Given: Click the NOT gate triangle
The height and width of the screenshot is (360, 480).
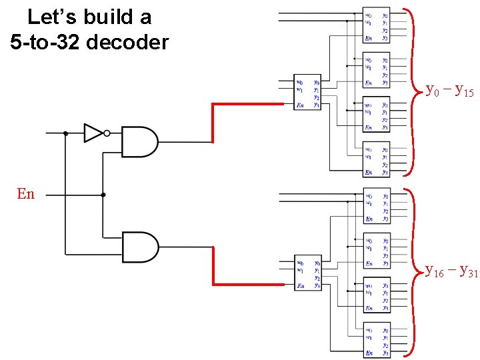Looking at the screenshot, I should point(93,133).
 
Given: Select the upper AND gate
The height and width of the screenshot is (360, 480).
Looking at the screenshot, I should point(140,141).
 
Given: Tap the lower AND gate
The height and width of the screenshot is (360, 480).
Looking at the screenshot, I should point(140,247).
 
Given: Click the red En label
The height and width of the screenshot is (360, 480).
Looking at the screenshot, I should point(25,194).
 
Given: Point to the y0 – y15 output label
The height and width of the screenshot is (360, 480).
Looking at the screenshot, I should point(450,90).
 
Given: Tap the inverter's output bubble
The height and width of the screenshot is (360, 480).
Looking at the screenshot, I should point(107,133).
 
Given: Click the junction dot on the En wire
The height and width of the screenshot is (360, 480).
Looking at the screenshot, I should point(103,195).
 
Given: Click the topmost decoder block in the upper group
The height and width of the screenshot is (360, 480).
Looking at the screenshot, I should point(377,25).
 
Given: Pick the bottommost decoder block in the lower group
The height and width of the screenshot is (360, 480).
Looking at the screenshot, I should point(377,339).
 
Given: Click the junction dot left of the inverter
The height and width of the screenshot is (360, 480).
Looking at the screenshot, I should point(65,133).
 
